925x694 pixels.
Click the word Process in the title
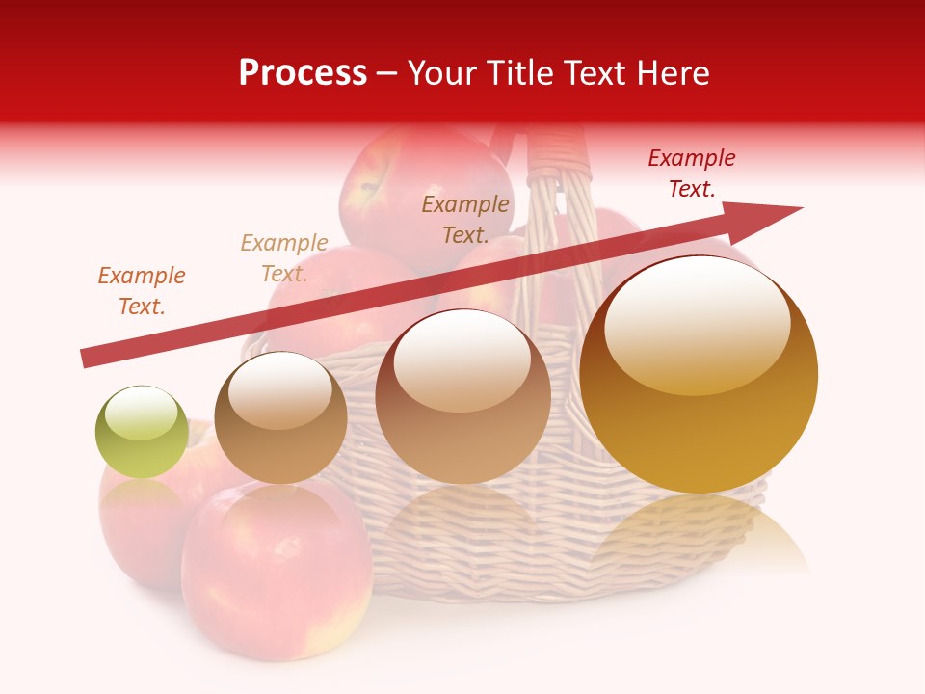(303, 73)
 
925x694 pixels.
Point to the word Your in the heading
(441, 73)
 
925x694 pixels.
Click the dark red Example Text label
(691, 173)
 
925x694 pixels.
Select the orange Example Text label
(142, 291)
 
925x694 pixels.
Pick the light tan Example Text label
(284, 258)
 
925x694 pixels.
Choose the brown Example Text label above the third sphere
(465, 219)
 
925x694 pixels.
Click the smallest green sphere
(142, 432)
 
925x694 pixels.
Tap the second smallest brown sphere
(280, 417)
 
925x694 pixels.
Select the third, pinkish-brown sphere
(463, 396)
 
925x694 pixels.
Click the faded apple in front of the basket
(277, 574)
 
